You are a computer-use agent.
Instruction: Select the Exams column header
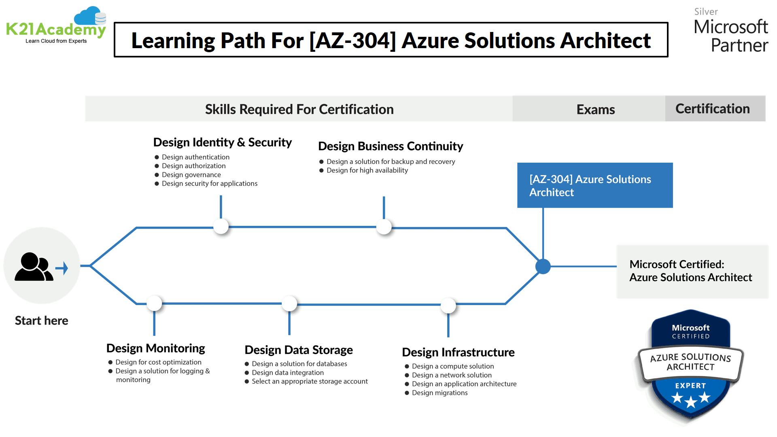pos(595,109)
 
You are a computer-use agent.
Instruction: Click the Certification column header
pos(712,108)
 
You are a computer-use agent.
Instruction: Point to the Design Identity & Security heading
pos(222,142)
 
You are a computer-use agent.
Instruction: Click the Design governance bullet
pos(191,175)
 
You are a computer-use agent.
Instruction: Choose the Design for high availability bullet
pos(367,170)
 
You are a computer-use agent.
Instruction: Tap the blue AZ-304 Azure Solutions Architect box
pos(594,185)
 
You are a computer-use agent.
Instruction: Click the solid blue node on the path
pos(543,266)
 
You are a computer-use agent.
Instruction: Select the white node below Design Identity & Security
pos(221,227)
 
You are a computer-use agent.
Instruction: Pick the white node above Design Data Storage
pos(289,303)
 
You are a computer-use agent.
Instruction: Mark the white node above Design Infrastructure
pos(448,305)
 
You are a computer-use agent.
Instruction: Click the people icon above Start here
pos(34,267)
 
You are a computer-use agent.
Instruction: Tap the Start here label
pos(41,320)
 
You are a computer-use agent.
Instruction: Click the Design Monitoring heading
pos(155,348)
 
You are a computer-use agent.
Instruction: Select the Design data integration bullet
pos(287,373)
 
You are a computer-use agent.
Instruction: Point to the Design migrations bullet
pos(439,393)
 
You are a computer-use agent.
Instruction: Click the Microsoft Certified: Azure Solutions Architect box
pos(692,271)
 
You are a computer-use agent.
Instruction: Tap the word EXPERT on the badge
pos(690,386)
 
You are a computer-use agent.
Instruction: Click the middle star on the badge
pos(690,401)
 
